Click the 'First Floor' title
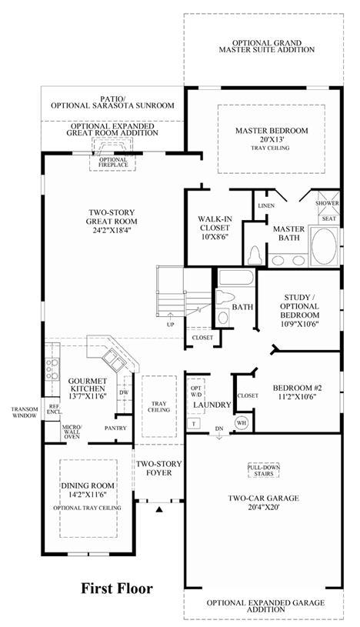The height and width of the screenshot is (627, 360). point(117,589)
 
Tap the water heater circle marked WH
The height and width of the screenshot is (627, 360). point(242,422)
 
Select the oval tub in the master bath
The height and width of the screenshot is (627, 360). point(325,246)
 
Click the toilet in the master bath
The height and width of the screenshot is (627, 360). point(255,255)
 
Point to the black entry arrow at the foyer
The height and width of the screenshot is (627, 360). point(159,509)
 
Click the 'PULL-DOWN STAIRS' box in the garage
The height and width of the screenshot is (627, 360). point(264,470)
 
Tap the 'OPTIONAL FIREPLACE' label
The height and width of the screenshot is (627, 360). point(114,162)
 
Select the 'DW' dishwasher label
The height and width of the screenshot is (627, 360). point(124,392)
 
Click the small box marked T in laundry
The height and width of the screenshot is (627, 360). point(194,423)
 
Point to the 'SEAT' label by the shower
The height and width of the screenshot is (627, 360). point(328,218)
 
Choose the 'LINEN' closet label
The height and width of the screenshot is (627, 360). point(266,205)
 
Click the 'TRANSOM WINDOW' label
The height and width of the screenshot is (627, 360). point(25,412)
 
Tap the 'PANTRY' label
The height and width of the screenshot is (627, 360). point(115,428)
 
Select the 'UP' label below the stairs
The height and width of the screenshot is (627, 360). point(171,325)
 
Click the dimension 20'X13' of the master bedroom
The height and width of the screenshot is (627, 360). point(272,139)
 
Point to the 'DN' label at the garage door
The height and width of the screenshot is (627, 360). point(219,429)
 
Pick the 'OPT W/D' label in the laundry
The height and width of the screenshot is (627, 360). point(196,391)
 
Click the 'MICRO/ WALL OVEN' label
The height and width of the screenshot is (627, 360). point(72,431)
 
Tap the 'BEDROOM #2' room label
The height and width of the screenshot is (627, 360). point(297,388)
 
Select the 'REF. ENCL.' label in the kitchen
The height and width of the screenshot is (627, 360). point(53,409)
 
